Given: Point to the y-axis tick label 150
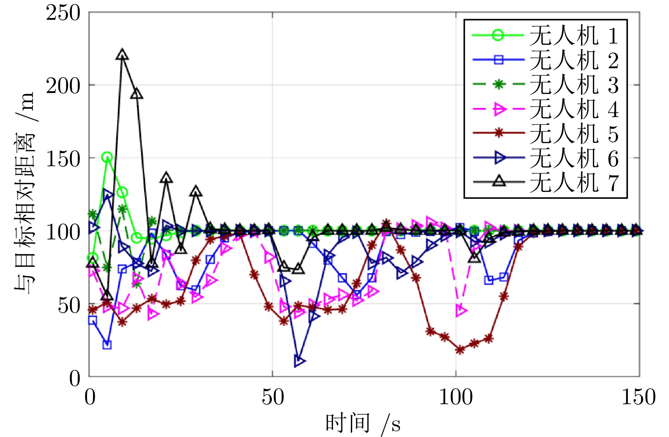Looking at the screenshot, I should tap(63, 159).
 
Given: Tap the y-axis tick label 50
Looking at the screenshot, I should tap(69, 304).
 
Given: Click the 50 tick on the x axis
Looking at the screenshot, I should tap(273, 397).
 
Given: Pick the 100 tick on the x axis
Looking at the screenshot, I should tap(456, 397).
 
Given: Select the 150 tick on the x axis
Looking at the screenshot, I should tap(639, 397).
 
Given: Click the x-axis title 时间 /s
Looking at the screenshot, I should tap(363, 423).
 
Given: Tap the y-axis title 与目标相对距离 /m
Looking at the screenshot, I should tap(25, 193).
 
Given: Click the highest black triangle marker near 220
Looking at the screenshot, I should tap(122, 55).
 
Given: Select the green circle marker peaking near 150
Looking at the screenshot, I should tap(107, 157).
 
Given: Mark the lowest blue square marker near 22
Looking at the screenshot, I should tap(107, 345).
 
